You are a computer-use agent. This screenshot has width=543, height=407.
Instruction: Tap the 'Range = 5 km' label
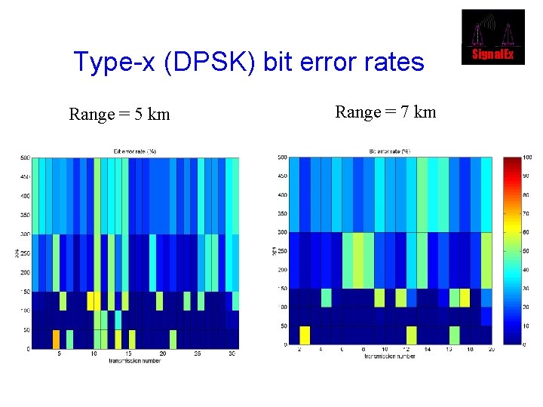coord(119,115)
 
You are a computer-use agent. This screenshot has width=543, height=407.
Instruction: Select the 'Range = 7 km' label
coord(385,112)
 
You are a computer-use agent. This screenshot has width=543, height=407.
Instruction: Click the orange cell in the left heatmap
coord(56,338)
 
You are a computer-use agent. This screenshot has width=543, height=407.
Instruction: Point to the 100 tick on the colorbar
coord(527,158)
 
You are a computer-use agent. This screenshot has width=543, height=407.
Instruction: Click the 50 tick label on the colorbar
coord(526,251)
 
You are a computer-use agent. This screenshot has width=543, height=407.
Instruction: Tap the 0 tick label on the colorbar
coord(525,344)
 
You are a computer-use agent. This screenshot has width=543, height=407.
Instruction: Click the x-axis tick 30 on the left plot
coord(231,353)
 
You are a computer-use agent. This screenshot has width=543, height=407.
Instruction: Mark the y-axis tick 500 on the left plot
coord(25,158)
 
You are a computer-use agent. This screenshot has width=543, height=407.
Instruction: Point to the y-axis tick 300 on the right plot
coord(282,232)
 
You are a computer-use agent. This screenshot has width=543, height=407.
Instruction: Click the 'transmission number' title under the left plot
coord(135,360)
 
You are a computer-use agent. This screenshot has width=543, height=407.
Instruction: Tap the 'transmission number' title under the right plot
coord(390,356)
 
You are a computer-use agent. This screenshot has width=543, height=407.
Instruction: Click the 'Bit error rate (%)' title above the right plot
coord(390,151)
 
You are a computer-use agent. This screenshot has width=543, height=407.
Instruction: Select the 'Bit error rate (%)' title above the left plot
coord(135,151)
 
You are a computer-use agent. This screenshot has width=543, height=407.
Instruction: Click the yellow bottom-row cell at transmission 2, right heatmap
coord(305,335)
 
